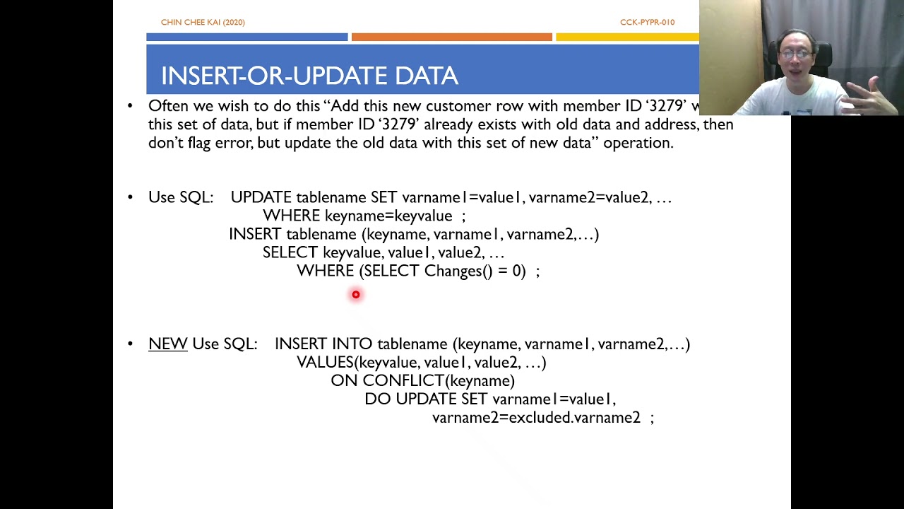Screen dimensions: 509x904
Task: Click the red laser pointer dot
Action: (356, 294)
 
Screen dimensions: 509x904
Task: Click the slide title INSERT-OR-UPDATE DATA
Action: (309, 76)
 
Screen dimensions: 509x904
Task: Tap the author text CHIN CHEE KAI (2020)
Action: (203, 23)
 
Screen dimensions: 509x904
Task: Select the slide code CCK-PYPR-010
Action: (647, 23)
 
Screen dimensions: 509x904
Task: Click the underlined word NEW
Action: (167, 344)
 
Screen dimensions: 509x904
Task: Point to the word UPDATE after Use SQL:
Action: (261, 198)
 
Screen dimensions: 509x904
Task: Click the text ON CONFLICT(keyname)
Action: (422, 381)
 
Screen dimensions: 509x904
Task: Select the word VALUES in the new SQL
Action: (325, 363)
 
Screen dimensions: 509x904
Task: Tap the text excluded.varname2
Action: (574, 418)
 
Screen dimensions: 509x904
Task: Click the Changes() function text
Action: (458, 271)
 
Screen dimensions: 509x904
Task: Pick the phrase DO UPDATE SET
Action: (426, 399)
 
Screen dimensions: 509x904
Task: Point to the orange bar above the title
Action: (451, 37)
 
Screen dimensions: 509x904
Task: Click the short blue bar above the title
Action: (246, 37)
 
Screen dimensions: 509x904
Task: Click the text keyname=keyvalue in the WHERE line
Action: (388, 216)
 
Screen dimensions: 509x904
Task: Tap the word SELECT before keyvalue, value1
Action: (290, 253)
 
